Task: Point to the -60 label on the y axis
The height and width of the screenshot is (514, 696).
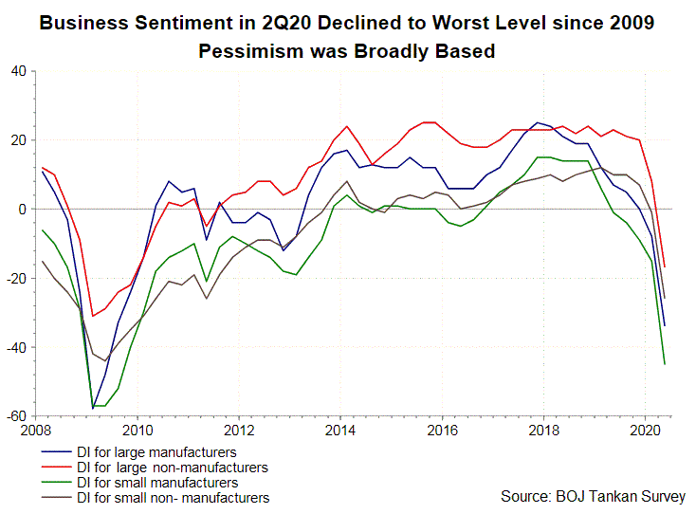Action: click(x=16, y=416)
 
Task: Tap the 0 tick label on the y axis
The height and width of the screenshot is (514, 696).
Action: click(x=24, y=209)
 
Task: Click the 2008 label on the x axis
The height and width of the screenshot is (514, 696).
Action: click(x=36, y=429)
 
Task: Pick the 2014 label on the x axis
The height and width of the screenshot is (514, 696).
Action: click(x=340, y=429)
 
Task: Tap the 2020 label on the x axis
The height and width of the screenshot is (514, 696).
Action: click(x=645, y=429)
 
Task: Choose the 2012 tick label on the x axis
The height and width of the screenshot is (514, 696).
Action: click(x=239, y=429)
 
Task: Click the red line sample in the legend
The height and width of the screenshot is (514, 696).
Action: click(x=56, y=468)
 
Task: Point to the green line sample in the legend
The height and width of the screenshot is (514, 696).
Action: click(x=56, y=483)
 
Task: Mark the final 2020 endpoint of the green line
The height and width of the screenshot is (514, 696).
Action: click(x=665, y=364)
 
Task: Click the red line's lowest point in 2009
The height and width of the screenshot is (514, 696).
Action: click(x=93, y=316)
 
